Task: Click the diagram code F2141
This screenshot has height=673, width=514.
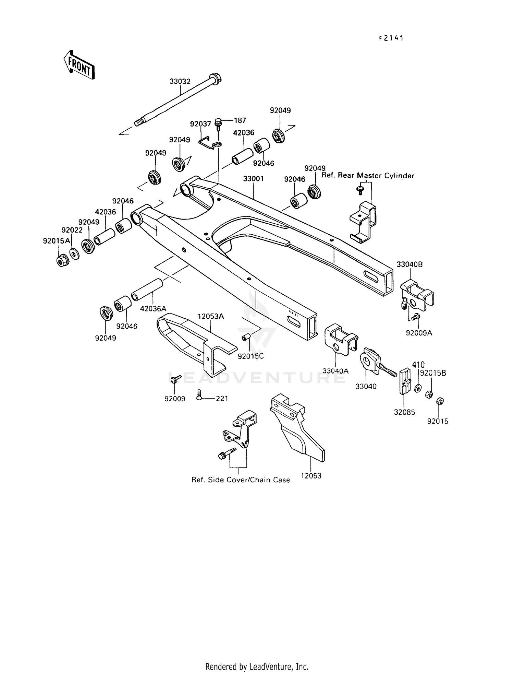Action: click(391, 38)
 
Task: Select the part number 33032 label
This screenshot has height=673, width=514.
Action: click(180, 82)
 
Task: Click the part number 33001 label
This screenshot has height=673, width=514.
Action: click(253, 179)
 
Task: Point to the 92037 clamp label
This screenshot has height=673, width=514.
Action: click(200, 124)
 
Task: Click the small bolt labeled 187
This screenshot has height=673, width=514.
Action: click(218, 122)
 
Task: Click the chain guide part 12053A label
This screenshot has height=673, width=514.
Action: click(210, 316)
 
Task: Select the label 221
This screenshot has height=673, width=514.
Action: click(222, 398)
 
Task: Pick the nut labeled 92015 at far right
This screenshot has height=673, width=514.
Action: click(440, 401)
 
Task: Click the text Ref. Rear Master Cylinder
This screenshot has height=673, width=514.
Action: click(368, 176)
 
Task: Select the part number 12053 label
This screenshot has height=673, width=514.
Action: click(311, 476)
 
